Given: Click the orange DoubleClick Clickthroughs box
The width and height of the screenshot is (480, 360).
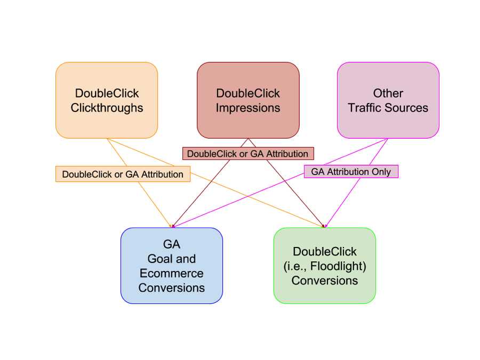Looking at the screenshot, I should pos(107,100).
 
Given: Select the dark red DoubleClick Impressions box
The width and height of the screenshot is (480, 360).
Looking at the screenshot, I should pos(248,100).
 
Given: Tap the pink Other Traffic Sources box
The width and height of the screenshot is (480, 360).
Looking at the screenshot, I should pos(388,100).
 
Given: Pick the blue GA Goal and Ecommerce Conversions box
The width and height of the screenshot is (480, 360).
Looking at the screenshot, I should pos(171,266).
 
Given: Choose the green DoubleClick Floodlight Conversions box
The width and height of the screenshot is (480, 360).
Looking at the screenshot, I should pos(324,266).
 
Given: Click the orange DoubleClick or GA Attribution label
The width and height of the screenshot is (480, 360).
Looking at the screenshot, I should pos(123,174).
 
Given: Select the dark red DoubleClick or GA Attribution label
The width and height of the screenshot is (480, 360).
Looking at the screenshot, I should pos(248,154).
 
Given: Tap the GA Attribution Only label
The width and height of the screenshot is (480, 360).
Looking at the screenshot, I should pos(351,172).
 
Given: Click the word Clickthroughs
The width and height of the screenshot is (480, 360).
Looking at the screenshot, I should pos(107,108).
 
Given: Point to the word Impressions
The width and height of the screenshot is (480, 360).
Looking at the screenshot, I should pos(248,108).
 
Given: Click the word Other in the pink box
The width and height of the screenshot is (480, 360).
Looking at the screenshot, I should pos(388,93).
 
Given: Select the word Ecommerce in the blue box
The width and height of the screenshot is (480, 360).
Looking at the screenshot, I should pos(171,274).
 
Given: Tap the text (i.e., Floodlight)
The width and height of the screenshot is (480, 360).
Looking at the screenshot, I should pos(324,266).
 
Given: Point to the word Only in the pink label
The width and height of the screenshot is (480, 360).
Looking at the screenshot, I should pos(380,172).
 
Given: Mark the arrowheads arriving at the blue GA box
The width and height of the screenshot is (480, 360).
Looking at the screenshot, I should pos(172,226).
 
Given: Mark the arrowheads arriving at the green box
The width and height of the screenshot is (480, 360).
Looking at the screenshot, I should pos(324,226).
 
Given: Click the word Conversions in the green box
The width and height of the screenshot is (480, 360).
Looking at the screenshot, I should pos(324,281).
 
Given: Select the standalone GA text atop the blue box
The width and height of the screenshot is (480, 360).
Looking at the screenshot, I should pos(171,245).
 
